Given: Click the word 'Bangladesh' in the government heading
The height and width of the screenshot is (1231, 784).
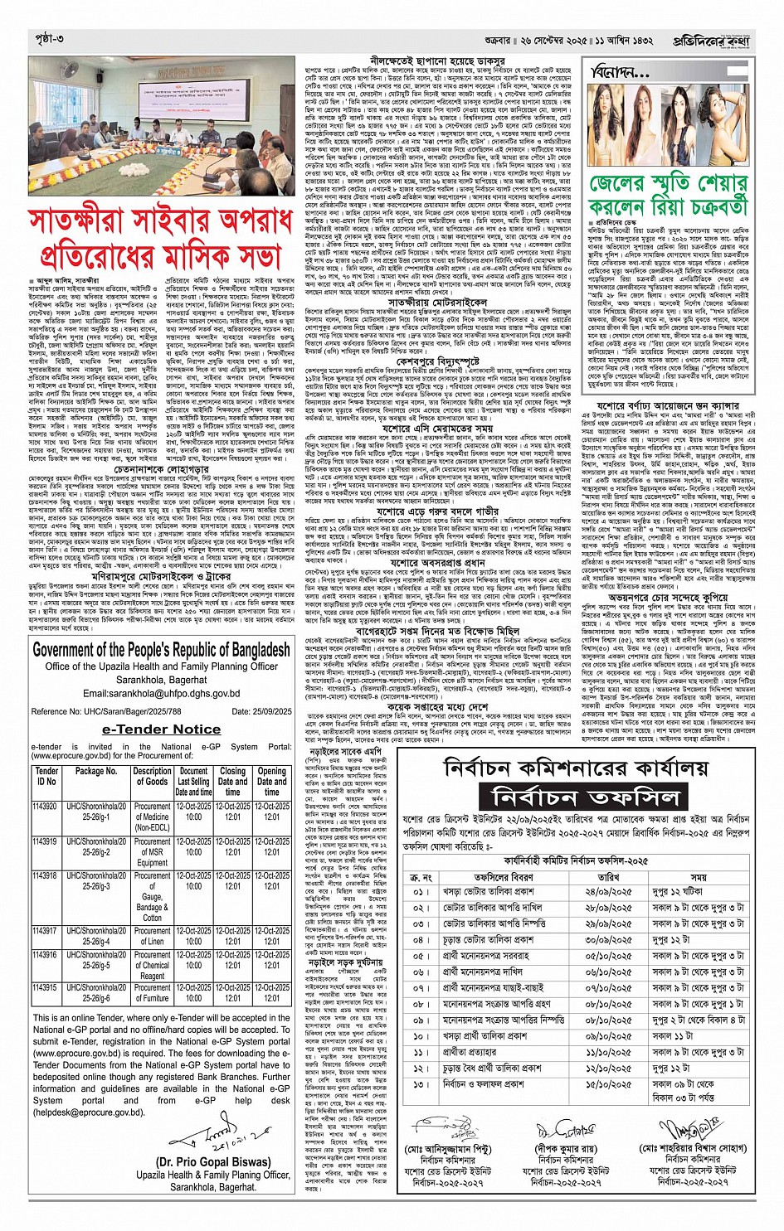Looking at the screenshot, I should click(x=244, y=650).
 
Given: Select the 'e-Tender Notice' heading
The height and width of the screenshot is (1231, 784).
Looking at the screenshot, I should click(x=161, y=729).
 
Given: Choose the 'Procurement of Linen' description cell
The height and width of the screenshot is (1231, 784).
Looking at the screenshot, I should click(x=153, y=936).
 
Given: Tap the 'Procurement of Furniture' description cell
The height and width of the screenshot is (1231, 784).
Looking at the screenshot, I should click(x=153, y=993).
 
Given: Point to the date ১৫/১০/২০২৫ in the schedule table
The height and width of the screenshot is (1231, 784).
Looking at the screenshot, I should click(x=608, y=1084).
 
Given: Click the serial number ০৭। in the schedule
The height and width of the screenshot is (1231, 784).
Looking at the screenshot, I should click(x=421, y=988).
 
